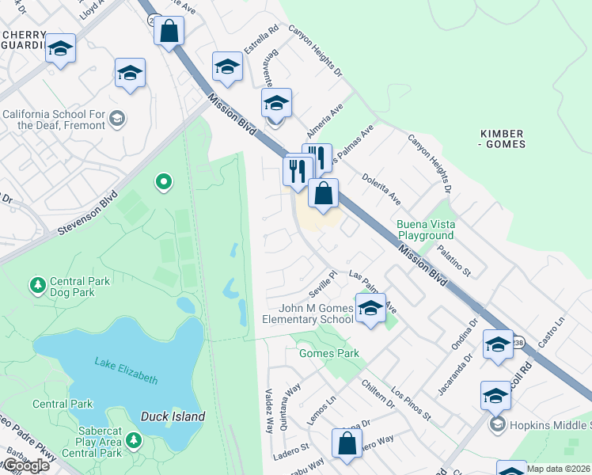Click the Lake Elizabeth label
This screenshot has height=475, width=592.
[126, 370]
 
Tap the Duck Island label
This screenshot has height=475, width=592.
[173, 416]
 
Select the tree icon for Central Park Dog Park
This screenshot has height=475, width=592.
[37, 283]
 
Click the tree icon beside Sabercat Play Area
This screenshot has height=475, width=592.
[133, 439]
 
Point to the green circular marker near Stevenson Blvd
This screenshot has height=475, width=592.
[164, 183]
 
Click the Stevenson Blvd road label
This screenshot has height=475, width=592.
[87, 212]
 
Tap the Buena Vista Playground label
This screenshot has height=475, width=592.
[425, 230]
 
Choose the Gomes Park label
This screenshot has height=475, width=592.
[328, 353]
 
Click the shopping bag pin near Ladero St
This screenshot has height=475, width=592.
[347, 444]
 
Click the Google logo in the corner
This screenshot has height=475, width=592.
[25, 465]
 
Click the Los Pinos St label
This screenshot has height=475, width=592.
[410, 404]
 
